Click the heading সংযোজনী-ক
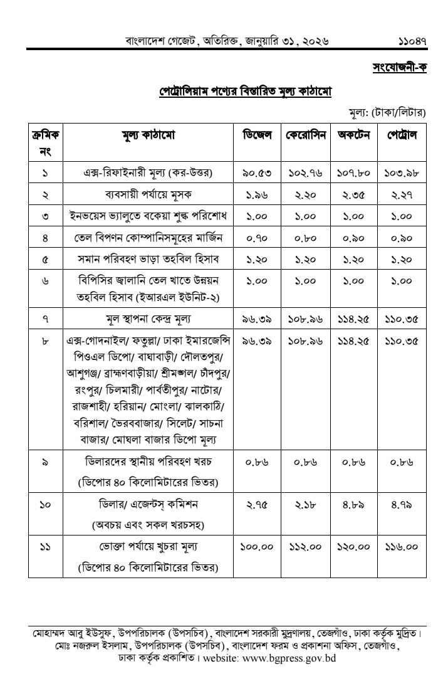click(399, 68)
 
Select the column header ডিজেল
click(257, 135)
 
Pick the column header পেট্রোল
click(402, 135)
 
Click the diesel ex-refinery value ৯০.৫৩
click(257, 172)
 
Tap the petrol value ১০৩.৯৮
click(402, 172)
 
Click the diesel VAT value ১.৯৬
click(257, 194)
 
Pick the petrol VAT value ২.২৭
click(402, 194)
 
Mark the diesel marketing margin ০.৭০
click(257, 237)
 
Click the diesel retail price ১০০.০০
click(257, 547)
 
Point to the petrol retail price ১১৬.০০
click(402, 547)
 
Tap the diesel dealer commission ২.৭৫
click(257, 504)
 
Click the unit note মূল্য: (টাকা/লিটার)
click(387, 112)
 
